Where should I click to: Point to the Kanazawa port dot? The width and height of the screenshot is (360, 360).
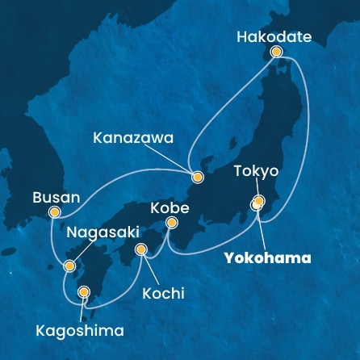tap(196, 174)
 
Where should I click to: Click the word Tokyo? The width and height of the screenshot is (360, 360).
tap(256, 171)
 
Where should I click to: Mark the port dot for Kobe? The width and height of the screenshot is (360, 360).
tap(171, 222)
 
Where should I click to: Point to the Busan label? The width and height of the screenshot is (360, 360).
tap(56, 197)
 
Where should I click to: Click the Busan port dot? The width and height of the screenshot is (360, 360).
tap(54, 212)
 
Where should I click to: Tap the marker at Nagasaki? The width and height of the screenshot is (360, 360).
tap(70, 264)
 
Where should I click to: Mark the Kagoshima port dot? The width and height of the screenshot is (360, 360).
tap(83, 292)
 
